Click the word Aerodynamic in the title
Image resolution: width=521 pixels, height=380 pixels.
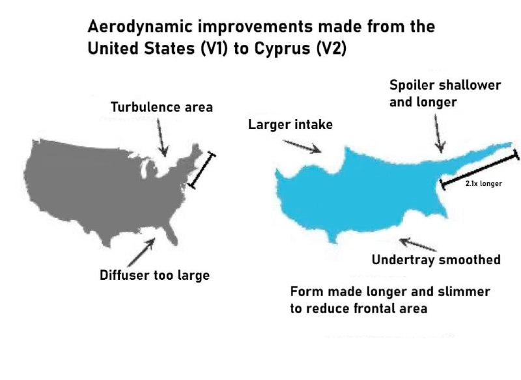(140, 27)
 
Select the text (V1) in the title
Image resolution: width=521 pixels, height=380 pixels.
(215, 48)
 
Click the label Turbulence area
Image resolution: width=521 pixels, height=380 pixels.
(162, 107)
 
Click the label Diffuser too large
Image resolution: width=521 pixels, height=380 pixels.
(154, 275)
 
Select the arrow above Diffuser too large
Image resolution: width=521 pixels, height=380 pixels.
(141, 252)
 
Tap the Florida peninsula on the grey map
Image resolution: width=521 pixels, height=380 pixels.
(170, 234)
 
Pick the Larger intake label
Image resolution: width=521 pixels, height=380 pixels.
(290, 124)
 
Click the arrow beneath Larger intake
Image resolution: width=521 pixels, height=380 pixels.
(302, 146)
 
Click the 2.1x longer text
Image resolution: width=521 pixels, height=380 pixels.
(483, 183)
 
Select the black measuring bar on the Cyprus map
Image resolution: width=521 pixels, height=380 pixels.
(479, 169)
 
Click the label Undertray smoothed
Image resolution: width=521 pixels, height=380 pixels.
(436, 260)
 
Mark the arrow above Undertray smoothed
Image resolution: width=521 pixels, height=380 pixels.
(417, 244)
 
